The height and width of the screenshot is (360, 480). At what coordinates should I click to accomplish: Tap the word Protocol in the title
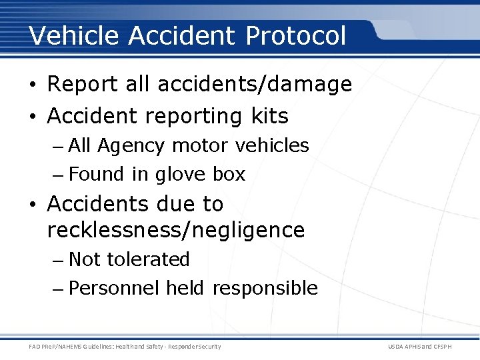[295, 35]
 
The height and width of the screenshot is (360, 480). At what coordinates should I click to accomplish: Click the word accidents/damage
[255, 85]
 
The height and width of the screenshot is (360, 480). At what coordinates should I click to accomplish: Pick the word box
[229, 175]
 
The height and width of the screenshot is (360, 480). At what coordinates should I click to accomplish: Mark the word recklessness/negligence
[176, 231]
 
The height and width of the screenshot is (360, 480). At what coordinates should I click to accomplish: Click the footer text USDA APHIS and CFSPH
[429, 347]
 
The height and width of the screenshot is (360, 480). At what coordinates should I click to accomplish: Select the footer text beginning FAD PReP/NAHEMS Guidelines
[125, 347]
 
